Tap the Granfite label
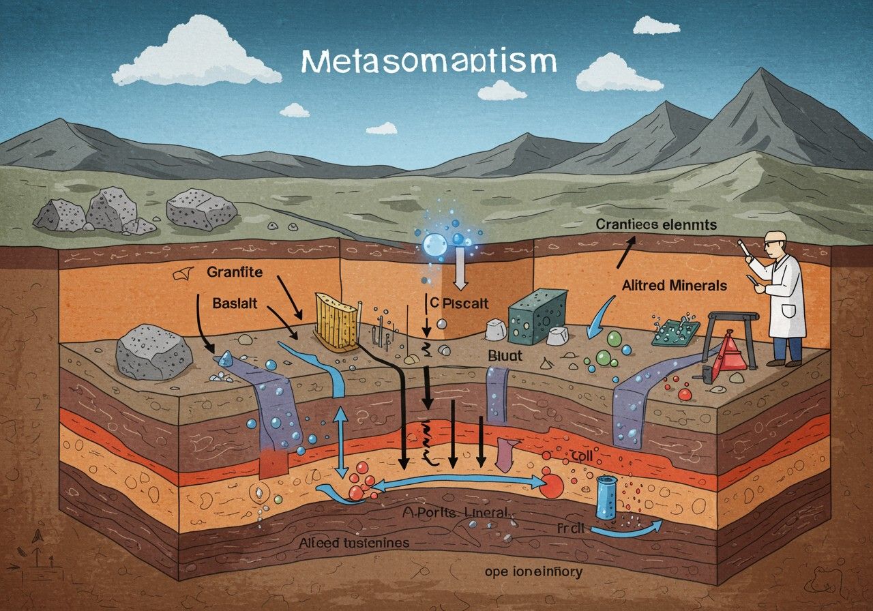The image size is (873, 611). pos(234,273)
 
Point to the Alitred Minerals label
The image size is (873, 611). pos(674,286)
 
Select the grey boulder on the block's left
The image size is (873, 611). pos(154,352)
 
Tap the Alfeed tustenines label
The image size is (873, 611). pos(354,543)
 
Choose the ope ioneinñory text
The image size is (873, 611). pos(531,571)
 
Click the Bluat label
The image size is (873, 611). pos(505,355)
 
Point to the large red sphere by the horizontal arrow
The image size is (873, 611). pos(553,484)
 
